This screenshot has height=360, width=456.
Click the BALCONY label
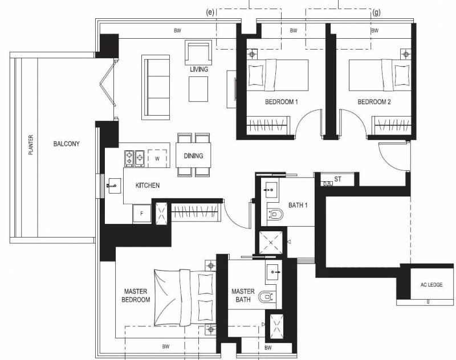tap(66, 144)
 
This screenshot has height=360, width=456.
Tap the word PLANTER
tap(31, 145)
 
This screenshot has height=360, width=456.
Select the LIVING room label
tap(199, 69)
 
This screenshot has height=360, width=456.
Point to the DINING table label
tap(193, 156)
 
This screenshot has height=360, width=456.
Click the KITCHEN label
tap(148, 185)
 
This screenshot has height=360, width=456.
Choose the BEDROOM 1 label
tap(281, 102)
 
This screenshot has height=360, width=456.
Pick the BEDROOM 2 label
tap(374, 102)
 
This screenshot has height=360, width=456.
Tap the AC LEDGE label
tap(431, 285)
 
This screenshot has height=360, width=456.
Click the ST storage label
tap(337, 179)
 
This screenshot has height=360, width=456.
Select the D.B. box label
tap(327, 183)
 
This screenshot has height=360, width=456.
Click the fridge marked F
tap(142, 214)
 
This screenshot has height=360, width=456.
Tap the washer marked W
tap(157, 158)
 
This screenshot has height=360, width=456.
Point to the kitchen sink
tap(113, 186)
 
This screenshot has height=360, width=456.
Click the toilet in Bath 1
tap(275, 214)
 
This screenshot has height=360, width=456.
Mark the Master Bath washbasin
tap(274, 272)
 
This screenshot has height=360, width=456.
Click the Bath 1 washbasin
tap(270, 190)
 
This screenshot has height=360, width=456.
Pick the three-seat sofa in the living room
tap(156, 87)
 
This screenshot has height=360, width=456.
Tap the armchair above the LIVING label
tap(198, 52)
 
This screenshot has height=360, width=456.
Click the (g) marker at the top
tap(376, 13)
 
